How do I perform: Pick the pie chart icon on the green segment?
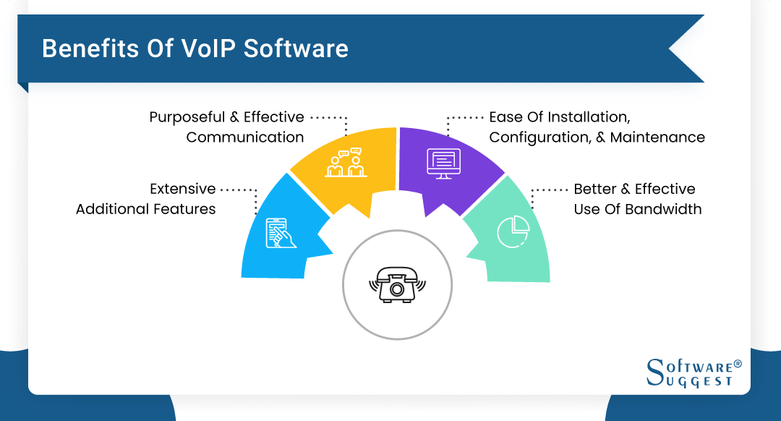513,231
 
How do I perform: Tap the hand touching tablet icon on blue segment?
281,232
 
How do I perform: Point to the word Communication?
245,137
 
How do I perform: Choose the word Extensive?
183,189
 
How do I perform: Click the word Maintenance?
657,137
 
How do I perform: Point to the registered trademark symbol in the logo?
738,363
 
